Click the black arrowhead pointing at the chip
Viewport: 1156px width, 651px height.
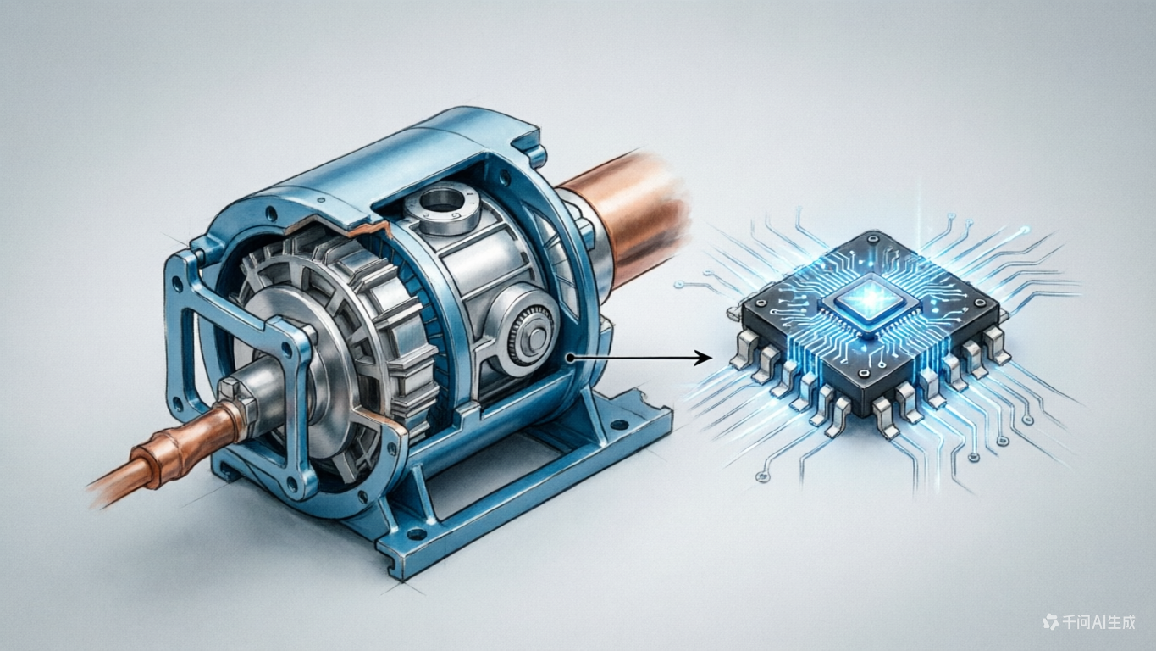point(703,358)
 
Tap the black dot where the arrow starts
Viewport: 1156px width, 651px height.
point(570,358)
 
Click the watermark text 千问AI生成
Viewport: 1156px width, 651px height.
point(1098,621)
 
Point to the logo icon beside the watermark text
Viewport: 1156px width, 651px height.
point(1050,621)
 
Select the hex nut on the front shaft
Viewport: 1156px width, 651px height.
point(238,398)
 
